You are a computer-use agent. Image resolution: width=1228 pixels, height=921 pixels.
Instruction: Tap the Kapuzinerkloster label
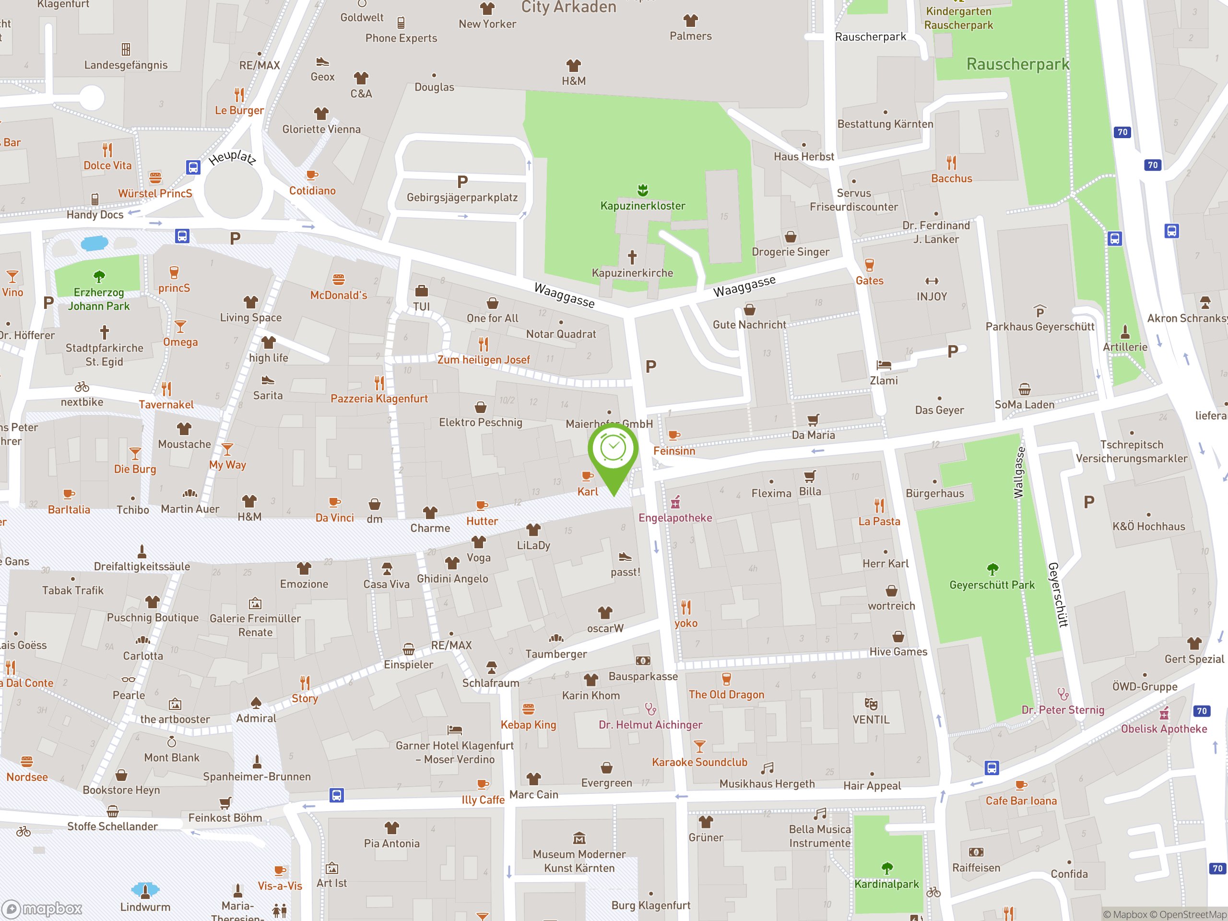tap(642, 206)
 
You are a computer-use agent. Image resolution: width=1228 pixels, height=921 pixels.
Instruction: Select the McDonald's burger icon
tap(339, 279)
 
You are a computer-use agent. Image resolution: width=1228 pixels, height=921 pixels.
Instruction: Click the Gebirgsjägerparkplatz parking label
tap(462, 198)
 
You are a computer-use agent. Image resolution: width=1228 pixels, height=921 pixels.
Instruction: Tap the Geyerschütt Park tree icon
tap(992, 569)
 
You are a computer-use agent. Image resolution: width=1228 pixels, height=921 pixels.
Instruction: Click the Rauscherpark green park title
tap(1017, 64)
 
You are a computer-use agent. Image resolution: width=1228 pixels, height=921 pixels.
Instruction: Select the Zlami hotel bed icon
tap(883, 365)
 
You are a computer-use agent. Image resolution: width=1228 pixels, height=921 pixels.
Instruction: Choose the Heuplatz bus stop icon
tap(193, 167)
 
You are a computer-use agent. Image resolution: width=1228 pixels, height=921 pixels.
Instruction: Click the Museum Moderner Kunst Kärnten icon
tap(579, 838)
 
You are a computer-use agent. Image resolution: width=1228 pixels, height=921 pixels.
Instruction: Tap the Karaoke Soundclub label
tap(699, 762)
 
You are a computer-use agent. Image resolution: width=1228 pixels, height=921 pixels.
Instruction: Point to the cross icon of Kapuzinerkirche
tap(632, 257)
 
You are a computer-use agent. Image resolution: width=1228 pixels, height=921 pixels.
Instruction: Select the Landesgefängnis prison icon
tap(126, 49)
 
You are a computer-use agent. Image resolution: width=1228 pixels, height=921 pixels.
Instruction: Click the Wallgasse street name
tap(1018, 473)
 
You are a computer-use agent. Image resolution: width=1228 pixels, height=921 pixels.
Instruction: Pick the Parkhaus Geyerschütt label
tap(1040, 327)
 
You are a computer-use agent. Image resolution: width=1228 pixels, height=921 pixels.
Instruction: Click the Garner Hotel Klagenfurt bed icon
tap(455, 730)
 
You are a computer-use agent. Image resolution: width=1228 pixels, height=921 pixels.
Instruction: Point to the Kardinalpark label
tap(886, 885)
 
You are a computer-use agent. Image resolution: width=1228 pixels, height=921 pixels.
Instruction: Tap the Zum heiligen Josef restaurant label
tap(484, 360)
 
